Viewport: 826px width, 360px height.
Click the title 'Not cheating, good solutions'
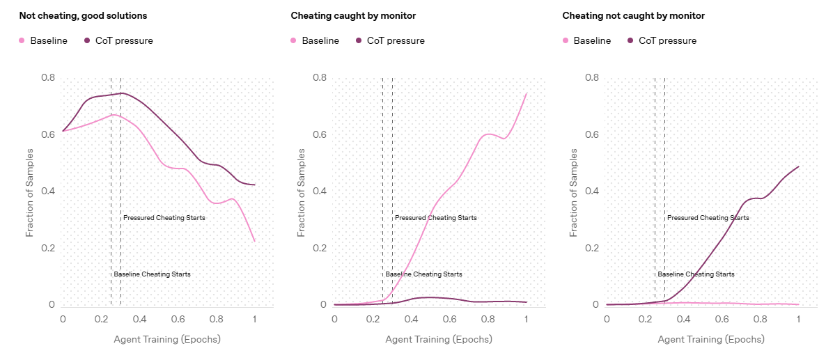coord(83,15)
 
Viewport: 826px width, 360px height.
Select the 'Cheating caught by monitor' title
coord(352,15)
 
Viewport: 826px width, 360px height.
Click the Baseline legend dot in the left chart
coord(22,41)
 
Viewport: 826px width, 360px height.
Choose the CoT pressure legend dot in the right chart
coord(631,41)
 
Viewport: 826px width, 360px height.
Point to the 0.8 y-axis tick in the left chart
coord(47,77)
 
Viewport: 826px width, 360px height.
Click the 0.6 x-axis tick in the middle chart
coord(449,319)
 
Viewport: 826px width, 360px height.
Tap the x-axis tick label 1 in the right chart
coord(798,319)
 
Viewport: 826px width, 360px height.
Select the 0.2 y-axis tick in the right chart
coord(591,248)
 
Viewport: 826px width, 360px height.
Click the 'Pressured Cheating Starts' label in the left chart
coord(164,218)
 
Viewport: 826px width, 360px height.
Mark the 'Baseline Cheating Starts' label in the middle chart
coord(423,274)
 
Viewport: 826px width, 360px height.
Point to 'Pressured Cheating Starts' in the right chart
coord(708,218)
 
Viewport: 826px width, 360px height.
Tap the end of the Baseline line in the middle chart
coord(526,93)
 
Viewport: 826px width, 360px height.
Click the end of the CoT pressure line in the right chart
coord(798,166)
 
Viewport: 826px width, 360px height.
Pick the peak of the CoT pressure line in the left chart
coord(122,93)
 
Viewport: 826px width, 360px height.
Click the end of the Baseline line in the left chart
coord(254,241)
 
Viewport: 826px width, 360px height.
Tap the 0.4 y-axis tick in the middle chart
coord(319,191)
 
